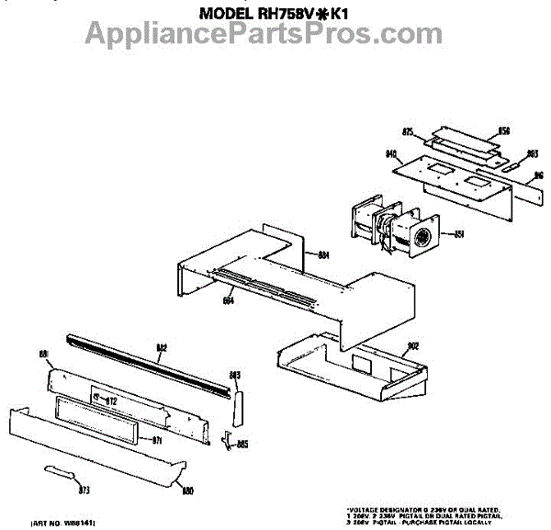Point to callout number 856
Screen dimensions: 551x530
point(503,131)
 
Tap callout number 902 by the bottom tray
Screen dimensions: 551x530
point(413,345)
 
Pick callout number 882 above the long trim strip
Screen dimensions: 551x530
point(161,346)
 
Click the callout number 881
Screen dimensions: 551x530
point(42,354)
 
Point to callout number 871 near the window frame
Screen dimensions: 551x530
point(156,440)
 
